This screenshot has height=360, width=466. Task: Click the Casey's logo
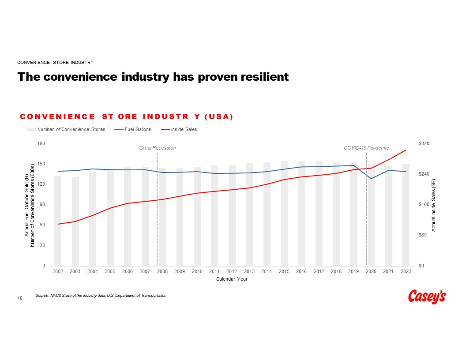[427, 296]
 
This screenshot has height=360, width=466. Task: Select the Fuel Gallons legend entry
[138, 129]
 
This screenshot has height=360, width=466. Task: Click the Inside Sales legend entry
[184, 129]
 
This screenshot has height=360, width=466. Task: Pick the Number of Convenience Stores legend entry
[71, 129]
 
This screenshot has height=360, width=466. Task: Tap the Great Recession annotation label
[158, 148]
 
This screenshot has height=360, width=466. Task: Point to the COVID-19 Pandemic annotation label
[366, 148]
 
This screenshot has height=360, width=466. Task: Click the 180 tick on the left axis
[41, 144]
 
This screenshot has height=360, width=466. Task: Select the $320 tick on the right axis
[424, 144]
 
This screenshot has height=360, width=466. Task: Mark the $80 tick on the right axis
[422, 235]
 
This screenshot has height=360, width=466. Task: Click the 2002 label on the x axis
[57, 271]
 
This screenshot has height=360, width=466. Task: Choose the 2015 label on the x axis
[284, 271]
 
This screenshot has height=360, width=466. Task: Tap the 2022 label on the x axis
[406, 271]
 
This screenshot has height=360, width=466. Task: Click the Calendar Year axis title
[232, 279]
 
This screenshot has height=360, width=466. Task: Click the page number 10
[20, 299]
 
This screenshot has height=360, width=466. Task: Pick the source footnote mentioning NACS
[101, 295]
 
